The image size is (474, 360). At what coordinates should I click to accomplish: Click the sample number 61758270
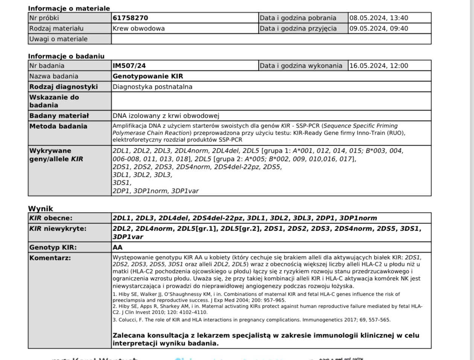pyautogui.click(x=130, y=18)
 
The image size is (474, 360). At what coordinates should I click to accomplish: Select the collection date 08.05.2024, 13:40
pyautogui.click(x=378, y=18)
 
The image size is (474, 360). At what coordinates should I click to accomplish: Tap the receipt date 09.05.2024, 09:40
pyautogui.click(x=378, y=28)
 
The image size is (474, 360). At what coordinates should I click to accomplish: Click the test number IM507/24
pyautogui.click(x=129, y=65)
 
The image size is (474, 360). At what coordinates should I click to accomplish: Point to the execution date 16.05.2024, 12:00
pyautogui.click(x=378, y=65)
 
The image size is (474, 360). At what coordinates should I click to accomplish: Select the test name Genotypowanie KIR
pyautogui.click(x=148, y=76)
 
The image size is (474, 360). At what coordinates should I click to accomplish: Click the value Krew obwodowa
pyautogui.click(x=138, y=28)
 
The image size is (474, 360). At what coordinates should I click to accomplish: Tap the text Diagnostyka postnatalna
pyautogui.click(x=152, y=87)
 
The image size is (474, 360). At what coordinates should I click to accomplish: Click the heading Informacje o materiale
pyautogui.click(x=69, y=8)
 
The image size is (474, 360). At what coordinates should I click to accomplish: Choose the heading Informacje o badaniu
pyautogui.click(x=66, y=56)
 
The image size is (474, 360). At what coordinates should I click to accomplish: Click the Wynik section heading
pyautogui.click(x=41, y=208)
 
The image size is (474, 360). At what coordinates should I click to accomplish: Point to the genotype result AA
pyautogui.click(x=117, y=247)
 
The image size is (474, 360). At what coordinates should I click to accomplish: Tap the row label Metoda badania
pyautogui.click(x=58, y=126)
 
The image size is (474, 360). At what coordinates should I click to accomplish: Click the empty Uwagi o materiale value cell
pyautogui.click(x=271, y=39)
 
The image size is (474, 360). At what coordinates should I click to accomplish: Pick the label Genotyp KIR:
pyautogui.click(x=53, y=247)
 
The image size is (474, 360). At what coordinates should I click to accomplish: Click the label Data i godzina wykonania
pyautogui.click(x=301, y=65)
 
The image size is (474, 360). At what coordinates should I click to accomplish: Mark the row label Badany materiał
pyautogui.click(x=59, y=115)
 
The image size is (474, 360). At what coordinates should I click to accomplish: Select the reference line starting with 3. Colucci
pyautogui.click(x=251, y=320)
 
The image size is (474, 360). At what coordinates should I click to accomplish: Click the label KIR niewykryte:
pyautogui.click(x=58, y=228)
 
